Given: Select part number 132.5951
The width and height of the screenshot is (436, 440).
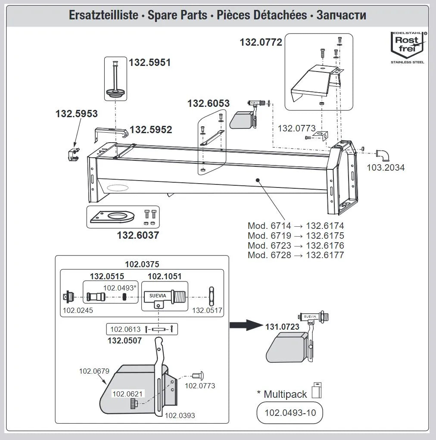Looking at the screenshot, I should tap(150, 62).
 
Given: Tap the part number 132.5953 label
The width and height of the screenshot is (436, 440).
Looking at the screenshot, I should tap(77, 114).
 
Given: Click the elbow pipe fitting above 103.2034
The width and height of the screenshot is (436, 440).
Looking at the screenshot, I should tap(382, 155).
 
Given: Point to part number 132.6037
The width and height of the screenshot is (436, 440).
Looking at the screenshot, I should tap(138, 235).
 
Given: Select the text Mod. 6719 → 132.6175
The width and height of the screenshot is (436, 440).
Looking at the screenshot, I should tap(296, 235).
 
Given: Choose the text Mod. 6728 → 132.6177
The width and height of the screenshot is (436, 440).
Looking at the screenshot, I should tap(296, 255).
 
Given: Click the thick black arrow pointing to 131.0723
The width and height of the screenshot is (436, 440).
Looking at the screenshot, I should tap(246, 325).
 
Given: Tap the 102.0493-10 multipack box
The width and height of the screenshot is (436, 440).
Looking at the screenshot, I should tap(290, 412).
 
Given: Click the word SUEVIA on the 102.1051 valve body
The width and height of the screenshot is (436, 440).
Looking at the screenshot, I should tap(157, 296).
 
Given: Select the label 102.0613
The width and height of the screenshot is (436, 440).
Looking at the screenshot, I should tap(125, 329).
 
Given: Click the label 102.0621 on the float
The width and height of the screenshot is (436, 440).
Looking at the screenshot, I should tap(128, 393).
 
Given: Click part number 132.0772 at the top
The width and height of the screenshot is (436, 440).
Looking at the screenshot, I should tap(261, 42).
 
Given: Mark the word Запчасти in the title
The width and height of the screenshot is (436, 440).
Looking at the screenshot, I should tap(341, 15).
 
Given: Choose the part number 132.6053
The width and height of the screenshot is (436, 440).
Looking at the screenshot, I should tap(208, 103).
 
